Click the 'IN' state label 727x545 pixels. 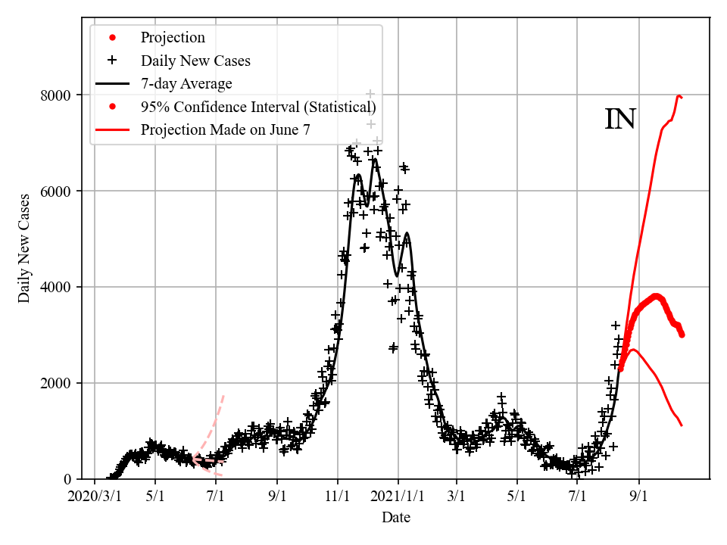pyautogui.click(x=620, y=120)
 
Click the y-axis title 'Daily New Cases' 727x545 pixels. pyautogui.click(x=25, y=248)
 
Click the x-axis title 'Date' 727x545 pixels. pyautogui.click(x=396, y=518)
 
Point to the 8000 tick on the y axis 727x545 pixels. pyautogui.click(x=56, y=95)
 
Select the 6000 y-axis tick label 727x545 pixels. pyautogui.click(x=56, y=192)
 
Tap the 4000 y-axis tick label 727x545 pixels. pyautogui.click(x=56, y=288)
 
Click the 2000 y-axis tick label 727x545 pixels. pyautogui.click(x=56, y=384)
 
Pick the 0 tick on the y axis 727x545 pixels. pyautogui.click(x=67, y=479)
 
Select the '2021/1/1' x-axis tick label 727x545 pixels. pyautogui.click(x=398, y=498)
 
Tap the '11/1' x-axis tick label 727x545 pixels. pyautogui.click(x=338, y=498)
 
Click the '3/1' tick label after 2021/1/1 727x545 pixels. pyautogui.click(x=457, y=498)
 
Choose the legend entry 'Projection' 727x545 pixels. pyautogui.click(x=173, y=38)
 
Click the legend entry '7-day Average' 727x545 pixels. pyautogui.click(x=186, y=83)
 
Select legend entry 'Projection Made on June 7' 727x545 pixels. pyautogui.click(x=225, y=129)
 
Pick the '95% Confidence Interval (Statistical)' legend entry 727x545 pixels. pyautogui.click(x=257, y=107)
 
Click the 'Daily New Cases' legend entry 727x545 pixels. pyautogui.click(x=195, y=61)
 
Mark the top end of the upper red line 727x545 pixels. pyautogui.click(x=679, y=95)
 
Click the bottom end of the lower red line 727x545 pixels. pyautogui.click(x=682, y=425)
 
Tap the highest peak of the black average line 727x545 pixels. pyautogui.click(x=374, y=159)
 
